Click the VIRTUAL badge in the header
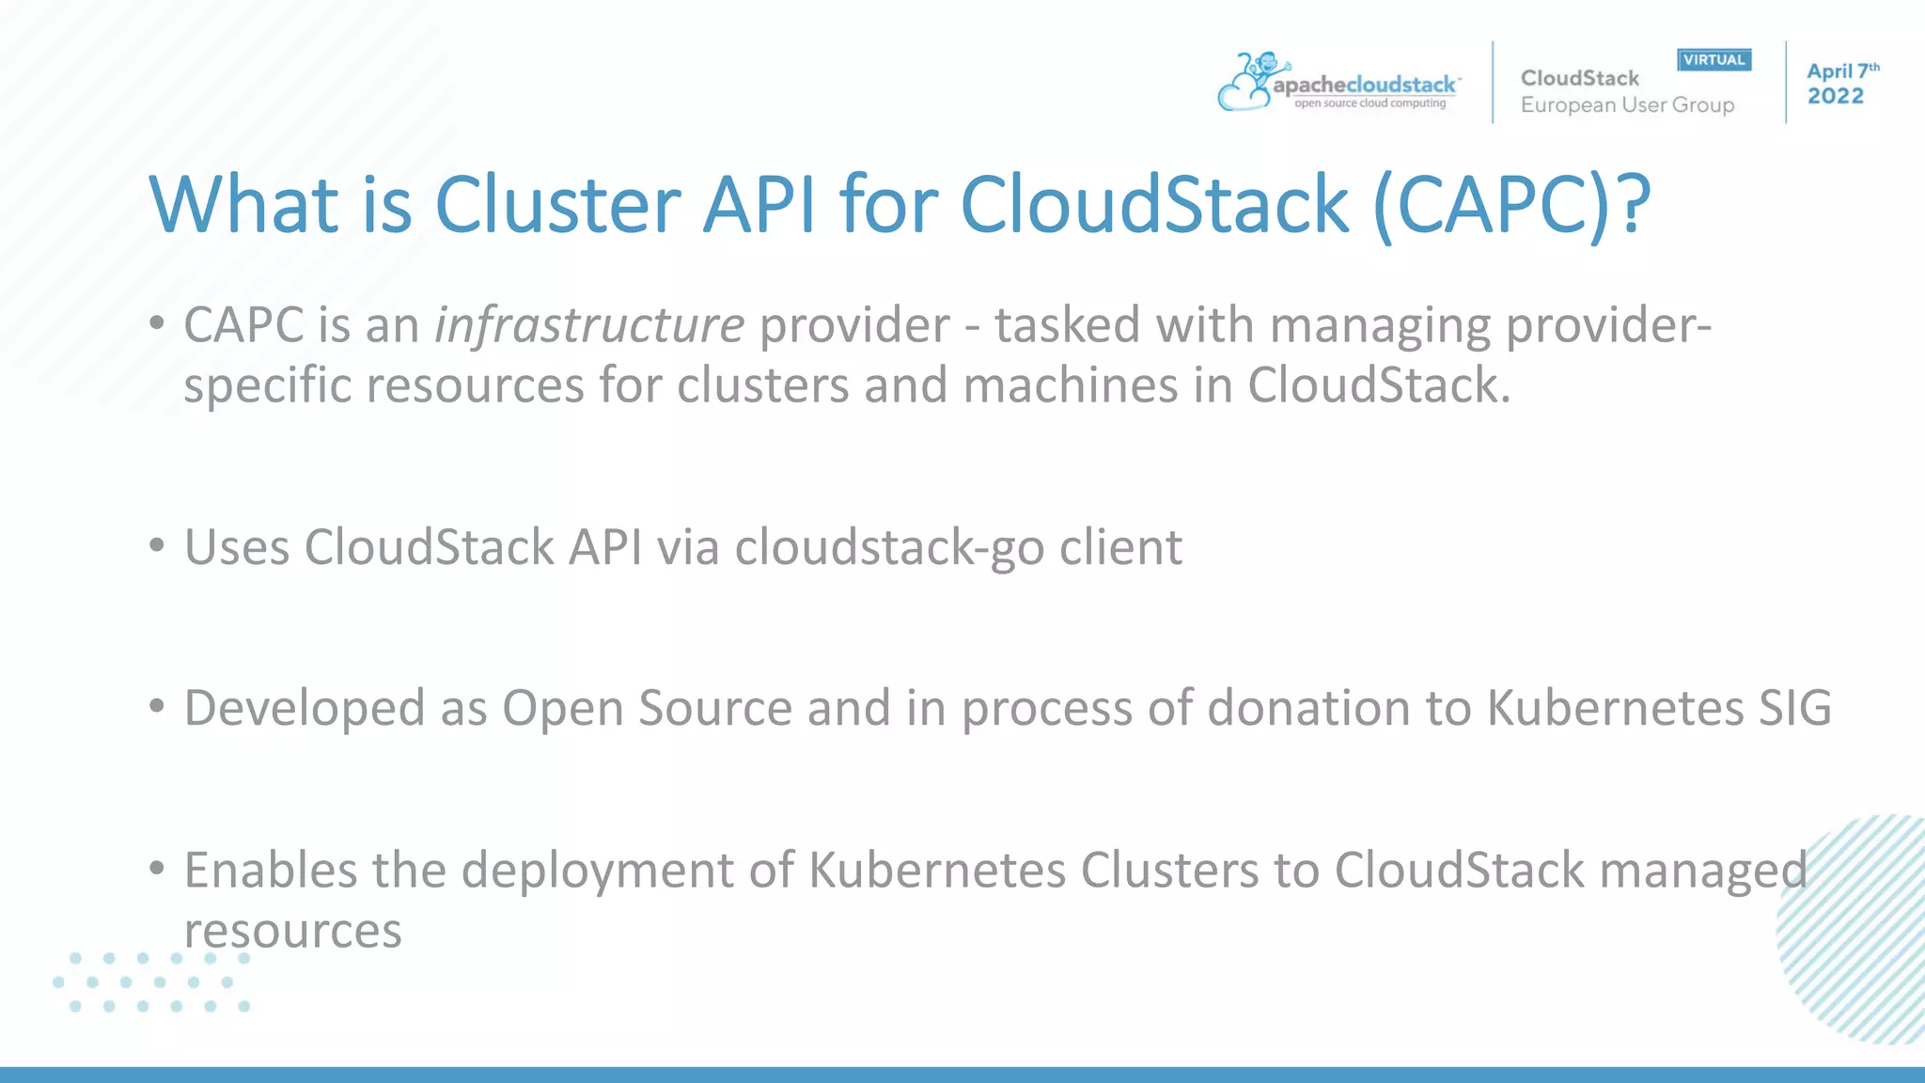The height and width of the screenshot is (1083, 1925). pyautogui.click(x=1714, y=60)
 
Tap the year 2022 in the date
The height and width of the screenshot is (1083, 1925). pyautogui.click(x=1835, y=96)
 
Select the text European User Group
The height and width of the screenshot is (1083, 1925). pyautogui.click(x=1627, y=105)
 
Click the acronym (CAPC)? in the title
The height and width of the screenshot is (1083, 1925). pyautogui.click(x=1510, y=204)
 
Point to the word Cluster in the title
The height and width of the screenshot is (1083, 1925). pyautogui.click(x=557, y=204)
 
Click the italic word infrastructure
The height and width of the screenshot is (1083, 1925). pyautogui.click(x=589, y=325)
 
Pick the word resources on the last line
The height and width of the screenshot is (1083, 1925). pyautogui.click(x=292, y=931)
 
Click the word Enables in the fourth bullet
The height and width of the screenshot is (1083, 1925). pyautogui.click(x=270, y=870)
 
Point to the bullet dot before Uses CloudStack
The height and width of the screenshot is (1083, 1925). pyautogui.click(x=157, y=544)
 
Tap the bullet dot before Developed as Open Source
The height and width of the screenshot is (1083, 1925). pyautogui.click(x=157, y=705)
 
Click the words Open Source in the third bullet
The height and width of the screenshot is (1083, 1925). pyautogui.click(x=647, y=708)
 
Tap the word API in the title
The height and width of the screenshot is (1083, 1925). pyautogui.click(x=759, y=204)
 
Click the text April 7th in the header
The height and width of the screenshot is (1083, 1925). pyautogui.click(x=1840, y=71)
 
